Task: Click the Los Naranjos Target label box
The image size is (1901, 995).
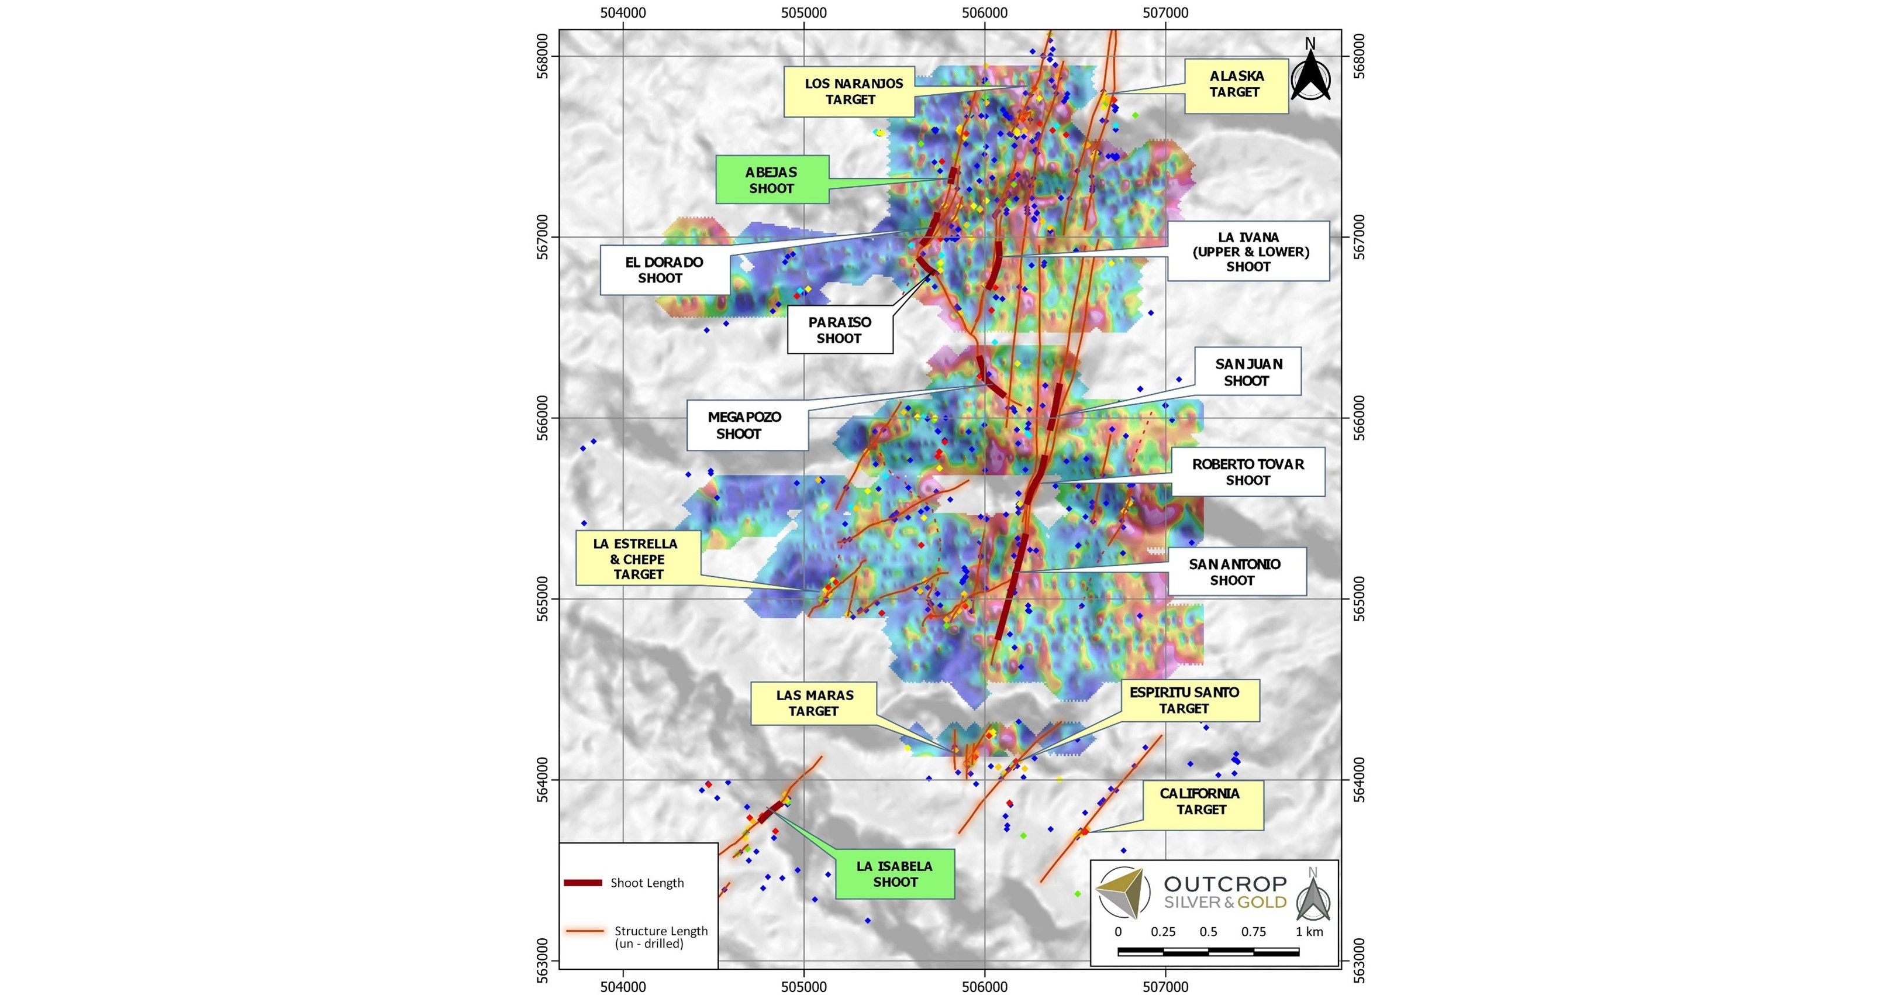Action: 850,91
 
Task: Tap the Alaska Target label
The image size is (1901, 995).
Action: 1236,85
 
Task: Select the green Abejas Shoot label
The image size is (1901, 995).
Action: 772,180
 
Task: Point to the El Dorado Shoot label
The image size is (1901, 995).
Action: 665,270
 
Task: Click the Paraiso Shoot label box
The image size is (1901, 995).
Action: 840,330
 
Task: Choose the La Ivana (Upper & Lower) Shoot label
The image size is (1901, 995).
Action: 1248,252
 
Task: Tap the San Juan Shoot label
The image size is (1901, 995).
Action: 1248,372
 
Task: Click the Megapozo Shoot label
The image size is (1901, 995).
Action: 746,426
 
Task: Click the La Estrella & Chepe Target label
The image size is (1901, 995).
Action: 637,559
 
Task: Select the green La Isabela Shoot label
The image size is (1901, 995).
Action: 895,874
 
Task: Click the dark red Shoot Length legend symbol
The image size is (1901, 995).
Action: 583,883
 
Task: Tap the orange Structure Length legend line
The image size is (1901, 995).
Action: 586,931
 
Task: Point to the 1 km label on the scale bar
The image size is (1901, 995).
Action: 1309,931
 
